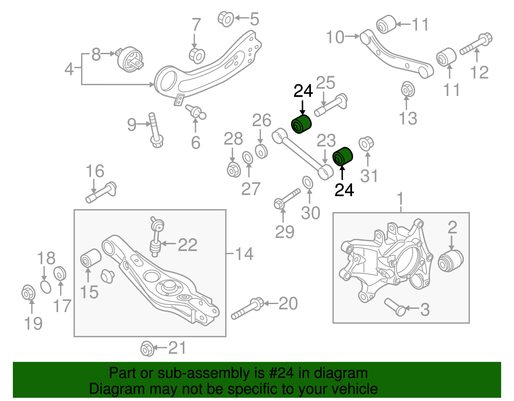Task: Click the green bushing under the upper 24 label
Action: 301,124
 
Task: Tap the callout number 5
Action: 254,19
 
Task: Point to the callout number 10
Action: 335,37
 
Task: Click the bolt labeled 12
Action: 476,45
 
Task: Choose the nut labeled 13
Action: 408,89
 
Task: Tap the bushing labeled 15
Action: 90,257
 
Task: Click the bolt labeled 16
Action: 101,193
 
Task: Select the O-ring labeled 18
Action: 46,287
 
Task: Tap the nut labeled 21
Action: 147,348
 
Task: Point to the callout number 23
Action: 326,141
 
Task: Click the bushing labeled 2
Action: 450,260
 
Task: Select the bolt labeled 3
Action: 395,307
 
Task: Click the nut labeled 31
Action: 366,144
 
